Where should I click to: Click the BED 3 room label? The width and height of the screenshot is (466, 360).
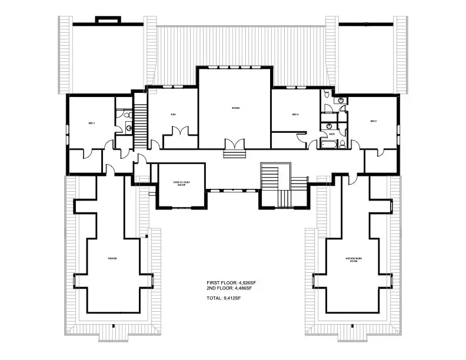point(92,123)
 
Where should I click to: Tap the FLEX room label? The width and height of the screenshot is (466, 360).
point(174,114)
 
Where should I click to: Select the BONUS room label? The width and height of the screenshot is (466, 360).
point(235,108)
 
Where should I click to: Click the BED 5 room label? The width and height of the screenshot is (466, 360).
point(373,121)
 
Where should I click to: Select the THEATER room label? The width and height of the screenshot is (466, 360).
point(112,259)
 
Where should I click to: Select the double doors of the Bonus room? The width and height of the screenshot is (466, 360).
point(234,144)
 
